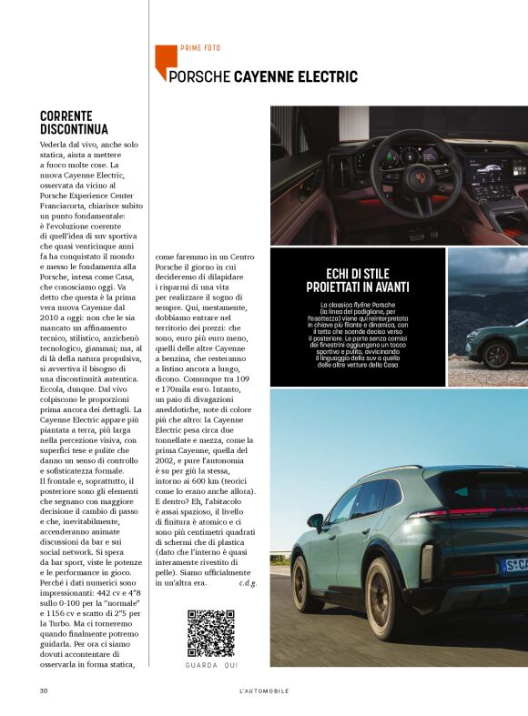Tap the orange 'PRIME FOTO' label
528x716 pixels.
pos(200,48)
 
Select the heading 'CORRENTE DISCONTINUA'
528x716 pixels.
pos(74,123)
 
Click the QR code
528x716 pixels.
pos(210,633)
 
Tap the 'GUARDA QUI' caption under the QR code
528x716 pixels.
pos(210,666)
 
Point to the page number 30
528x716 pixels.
pos(44,691)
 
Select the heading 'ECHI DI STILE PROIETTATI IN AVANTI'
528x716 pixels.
pos(356,279)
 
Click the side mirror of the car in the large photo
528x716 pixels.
pos(315,521)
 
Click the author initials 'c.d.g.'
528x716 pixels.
pos(247,582)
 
